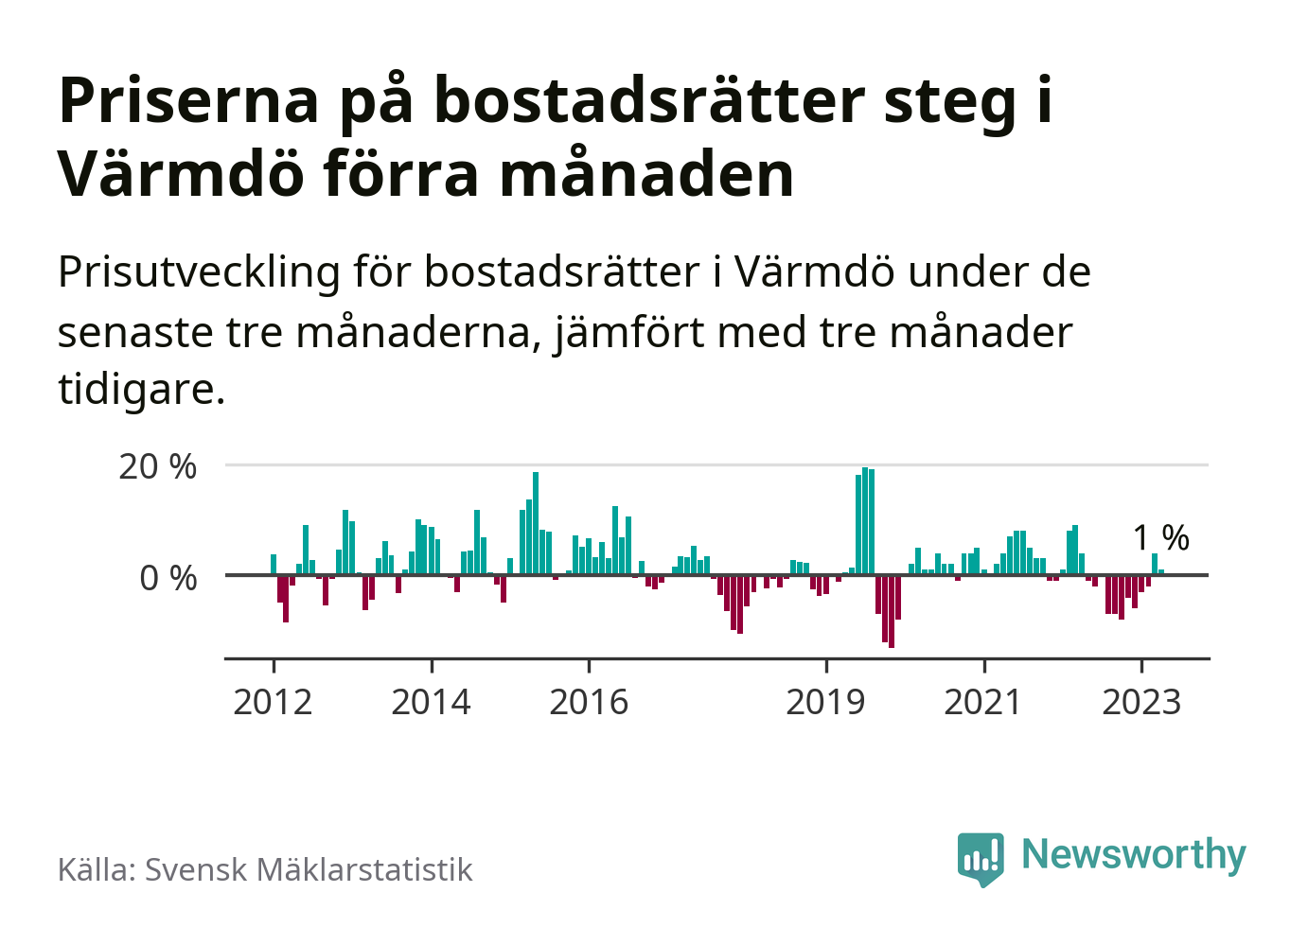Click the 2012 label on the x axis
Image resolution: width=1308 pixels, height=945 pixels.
point(273,703)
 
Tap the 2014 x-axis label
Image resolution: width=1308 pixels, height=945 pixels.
point(431,703)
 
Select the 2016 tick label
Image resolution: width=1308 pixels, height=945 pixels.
point(589,703)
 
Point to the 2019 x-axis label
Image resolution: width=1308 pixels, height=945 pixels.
point(825,703)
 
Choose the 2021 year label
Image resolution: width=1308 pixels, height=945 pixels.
point(983,703)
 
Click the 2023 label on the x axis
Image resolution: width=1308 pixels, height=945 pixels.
point(1141,703)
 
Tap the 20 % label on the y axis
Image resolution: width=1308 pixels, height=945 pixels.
point(158,466)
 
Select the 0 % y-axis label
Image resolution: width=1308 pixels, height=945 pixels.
point(168,578)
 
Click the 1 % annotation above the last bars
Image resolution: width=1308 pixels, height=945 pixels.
point(1161,537)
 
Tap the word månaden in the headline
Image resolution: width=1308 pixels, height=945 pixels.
point(646,174)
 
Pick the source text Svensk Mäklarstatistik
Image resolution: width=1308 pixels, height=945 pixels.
point(308,869)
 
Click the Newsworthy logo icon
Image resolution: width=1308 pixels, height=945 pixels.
point(981,857)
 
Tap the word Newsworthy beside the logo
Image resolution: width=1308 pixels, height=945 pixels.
point(1134,854)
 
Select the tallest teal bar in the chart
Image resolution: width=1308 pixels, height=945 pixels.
point(865,521)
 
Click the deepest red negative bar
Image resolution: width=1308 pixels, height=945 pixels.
point(892,611)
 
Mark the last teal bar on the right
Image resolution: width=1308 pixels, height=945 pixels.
point(1161,571)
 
